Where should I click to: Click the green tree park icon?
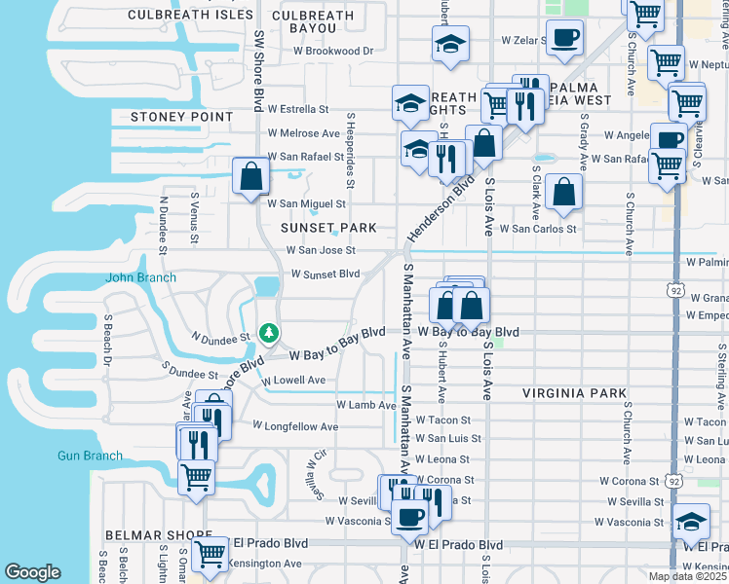tap(269, 334)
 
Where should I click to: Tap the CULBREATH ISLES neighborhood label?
tap(191, 16)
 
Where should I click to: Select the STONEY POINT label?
tap(181, 117)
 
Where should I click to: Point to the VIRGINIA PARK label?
tap(574, 393)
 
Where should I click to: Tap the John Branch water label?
tap(141, 277)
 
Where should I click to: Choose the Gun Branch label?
tap(89, 456)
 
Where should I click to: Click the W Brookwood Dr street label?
tap(328, 51)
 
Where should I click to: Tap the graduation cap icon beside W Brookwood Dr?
tap(450, 44)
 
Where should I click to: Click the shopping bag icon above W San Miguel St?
tap(250, 176)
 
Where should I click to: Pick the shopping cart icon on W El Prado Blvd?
tap(210, 553)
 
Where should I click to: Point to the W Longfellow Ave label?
tap(295, 426)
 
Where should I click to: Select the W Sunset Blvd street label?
tap(326, 274)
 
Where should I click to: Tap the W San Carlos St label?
tap(538, 229)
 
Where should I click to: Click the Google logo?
tap(32, 572)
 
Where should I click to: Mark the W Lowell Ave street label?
tap(293, 381)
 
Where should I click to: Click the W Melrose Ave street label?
tap(303, 132)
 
